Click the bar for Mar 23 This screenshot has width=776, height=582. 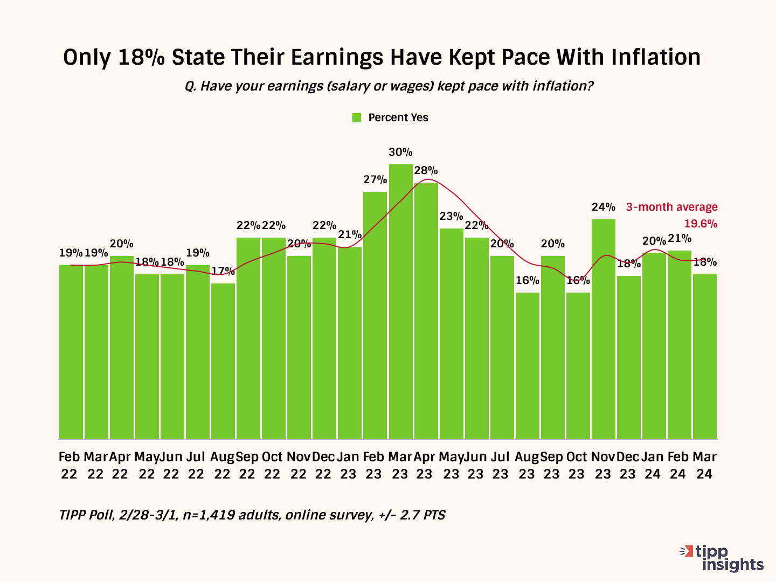[x=400, y=302]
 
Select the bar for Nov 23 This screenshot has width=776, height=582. [x=603, y=329]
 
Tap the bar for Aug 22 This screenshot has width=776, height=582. [x=223, y=361]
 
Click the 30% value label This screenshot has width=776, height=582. [x=400, y=152]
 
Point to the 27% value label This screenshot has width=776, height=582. [x=375, y=179]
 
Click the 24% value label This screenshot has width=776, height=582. [x=603, y=207]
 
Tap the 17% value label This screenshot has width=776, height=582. [x=223, y=271]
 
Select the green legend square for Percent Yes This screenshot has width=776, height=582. [x=356, y=118]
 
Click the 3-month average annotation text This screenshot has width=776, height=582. [x=671, y=207]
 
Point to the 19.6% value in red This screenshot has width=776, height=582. [x=701, y=224]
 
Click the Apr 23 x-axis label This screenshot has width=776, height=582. [x=425, y=466]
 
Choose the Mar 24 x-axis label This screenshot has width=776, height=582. [x=704, y=466]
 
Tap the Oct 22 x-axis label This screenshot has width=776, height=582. [x=272, y=466]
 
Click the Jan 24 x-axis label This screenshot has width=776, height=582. [x=653, y=466]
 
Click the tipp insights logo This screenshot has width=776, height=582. [x=725, y=558]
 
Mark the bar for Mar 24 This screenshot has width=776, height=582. [x=704, y=356]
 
